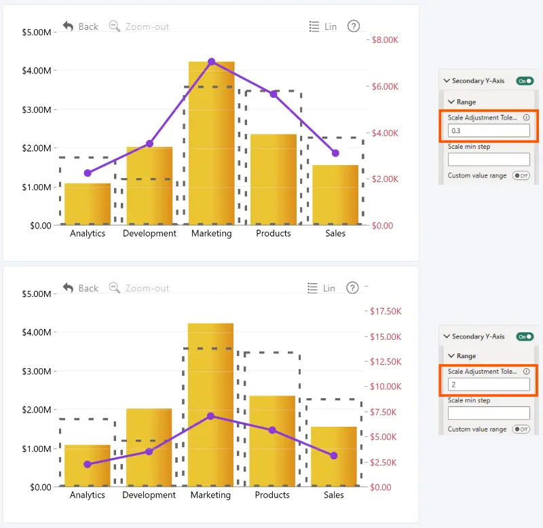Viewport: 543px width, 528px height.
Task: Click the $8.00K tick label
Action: tap(385, 40)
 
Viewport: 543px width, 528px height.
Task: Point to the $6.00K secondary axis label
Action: tap(385, 86)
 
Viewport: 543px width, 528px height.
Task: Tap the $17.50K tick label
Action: tap(386, 311)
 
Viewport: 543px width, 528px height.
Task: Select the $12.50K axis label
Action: tap(386, 362)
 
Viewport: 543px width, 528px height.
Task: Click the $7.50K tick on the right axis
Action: tap(383, 412)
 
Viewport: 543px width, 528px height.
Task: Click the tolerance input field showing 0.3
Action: tap(489, 130)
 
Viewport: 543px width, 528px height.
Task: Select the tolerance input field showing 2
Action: tap(489, 385)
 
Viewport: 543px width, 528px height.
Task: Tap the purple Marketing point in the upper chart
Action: tap(212, 62)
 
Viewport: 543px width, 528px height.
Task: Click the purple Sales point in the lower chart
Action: tap(334, 455)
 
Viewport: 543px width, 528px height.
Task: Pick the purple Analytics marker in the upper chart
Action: tap(88, 173)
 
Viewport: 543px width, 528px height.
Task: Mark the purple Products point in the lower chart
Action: tap(273, 430)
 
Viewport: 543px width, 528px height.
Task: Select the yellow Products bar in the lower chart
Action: tap(273, 441)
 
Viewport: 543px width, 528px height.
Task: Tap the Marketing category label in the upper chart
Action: tap(212, 233)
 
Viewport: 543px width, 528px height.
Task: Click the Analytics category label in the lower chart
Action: tap(88, 495)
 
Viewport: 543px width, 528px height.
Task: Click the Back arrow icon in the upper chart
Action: tap(69, 26)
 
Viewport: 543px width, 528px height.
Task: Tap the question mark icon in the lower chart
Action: tap(352, 287)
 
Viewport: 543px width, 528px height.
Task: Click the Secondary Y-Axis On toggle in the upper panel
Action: tap(525, 81)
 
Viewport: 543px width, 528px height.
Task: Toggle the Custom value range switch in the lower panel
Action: tap(521, 429)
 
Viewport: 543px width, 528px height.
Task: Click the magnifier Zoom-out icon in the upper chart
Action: tap(114, 26)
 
